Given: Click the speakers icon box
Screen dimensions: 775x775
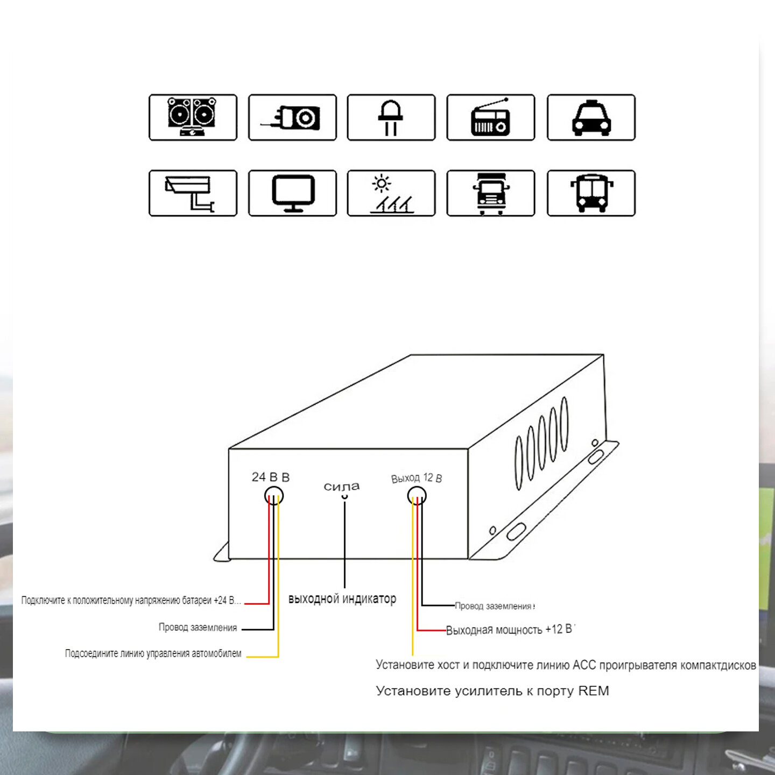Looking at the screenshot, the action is [x=193, y=117].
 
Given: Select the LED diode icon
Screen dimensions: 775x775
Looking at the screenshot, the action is [x=391, y=117].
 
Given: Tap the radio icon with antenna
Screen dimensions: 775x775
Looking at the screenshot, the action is [x=490, y=117].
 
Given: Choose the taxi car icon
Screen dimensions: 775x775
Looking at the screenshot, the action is [x=591, y=117].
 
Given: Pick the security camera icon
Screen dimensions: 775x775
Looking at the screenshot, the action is [x=193, y=193].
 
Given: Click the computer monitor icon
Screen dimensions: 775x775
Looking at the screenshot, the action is [x=292, y=193].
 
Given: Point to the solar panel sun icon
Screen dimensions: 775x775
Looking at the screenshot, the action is [x=391, y=193].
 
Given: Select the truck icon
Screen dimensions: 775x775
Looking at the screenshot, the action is [x=490, y=193].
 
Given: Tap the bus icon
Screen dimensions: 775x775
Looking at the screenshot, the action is [x=591, y=193].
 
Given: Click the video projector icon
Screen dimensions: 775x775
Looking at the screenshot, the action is [x=292, y=117].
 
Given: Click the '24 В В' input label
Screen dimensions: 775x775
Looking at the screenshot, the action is [x=271, y=477].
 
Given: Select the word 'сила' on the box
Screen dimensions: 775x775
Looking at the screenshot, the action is [x=341, y=487].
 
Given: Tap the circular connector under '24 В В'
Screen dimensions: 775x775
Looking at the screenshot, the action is [x=274, y=495].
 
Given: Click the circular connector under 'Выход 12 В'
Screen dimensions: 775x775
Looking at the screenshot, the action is [x=417, y=495].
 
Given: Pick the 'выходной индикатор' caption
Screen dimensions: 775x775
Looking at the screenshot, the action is [x=342, y=598].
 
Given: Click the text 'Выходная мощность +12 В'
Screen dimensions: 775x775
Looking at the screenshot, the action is [x=510, y=630].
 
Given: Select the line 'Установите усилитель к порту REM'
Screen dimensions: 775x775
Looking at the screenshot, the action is [x=492, y=691].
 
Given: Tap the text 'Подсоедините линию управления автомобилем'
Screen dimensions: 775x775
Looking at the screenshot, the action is [x=153, y=653].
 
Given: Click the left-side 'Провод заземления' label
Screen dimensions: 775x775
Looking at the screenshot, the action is [x=198, y=628].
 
